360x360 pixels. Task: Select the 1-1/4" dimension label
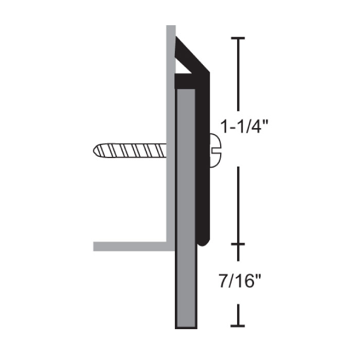coord(238,126)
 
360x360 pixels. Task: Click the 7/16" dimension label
coord(238,282)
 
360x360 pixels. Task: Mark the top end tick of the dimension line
coord(238,39)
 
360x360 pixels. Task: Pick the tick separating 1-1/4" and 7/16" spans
coord(238,244)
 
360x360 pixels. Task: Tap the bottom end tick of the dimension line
coord(238,326)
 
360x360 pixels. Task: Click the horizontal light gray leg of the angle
coord(129,246)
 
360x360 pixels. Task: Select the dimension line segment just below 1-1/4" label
coord(238,201)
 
